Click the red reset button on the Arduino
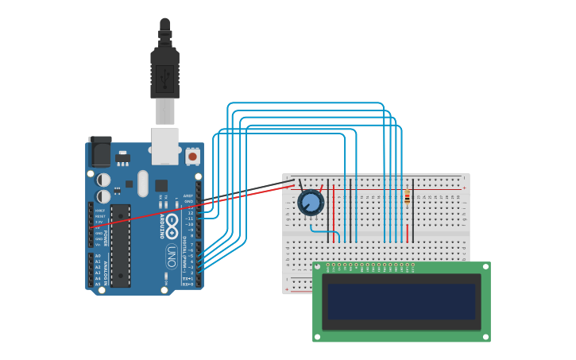pos(193,157)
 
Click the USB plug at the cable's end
pos(164,76)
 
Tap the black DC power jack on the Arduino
pos(100,151)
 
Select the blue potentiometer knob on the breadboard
pos(311,203)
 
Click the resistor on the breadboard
pos(408,197)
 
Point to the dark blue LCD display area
pos(401,301)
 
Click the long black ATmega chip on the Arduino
pos(120,246)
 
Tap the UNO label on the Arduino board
pos(171,256)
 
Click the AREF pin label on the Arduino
pos(188,195)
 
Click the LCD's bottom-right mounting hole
pos(485,337)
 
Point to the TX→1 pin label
pos(187,278)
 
